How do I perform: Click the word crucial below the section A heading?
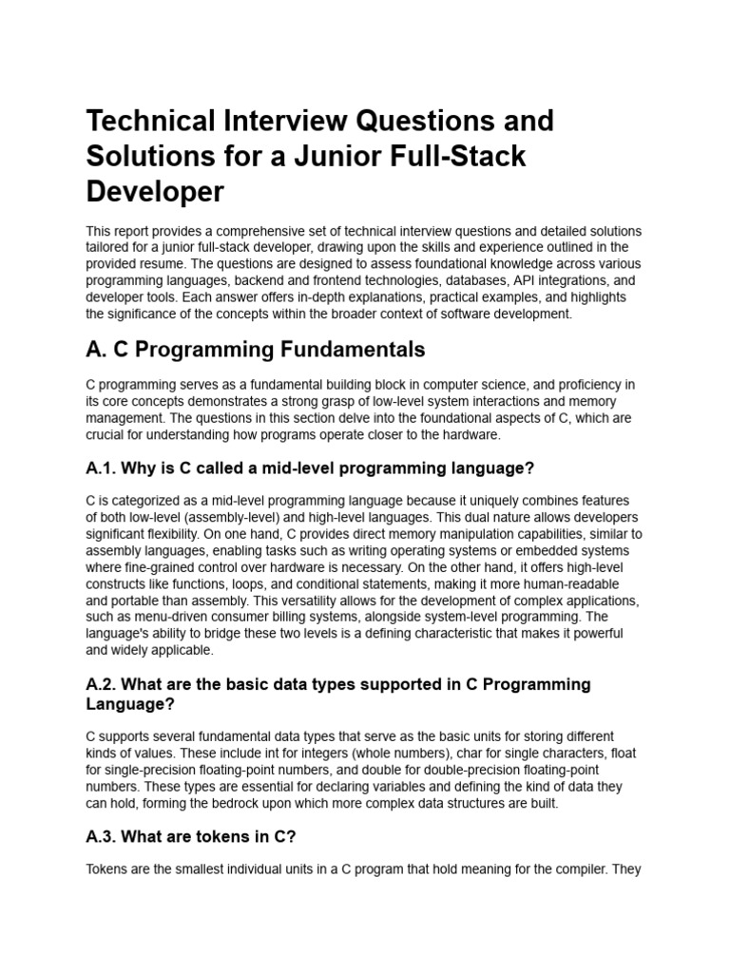(107, 434)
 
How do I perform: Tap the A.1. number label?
(103, 467)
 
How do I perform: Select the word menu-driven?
(166, 617)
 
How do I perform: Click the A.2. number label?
(103, 684)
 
